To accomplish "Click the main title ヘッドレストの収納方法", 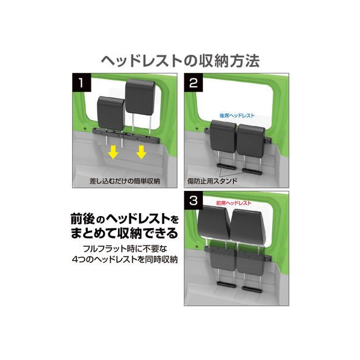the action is click(181, 61).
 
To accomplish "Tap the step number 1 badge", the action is click(81, 82).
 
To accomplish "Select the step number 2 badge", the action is click(193, 82).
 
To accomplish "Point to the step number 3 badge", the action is click(193, 200).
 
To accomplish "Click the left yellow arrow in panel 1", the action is click(113, 153).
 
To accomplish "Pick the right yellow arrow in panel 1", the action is click(141, 153).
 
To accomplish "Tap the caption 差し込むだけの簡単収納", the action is click(125, 181).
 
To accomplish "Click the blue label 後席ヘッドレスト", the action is click(237, 116).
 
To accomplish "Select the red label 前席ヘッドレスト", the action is click(234, 203).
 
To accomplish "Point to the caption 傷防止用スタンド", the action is click(213, 181).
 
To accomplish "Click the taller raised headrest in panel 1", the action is click(140, 97).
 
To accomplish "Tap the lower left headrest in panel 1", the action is click(111, 113).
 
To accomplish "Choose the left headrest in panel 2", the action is click(223, 136).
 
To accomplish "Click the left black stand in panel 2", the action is click(226, 166).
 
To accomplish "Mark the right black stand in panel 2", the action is click(252, 171).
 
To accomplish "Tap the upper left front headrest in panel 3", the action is click(214, 222).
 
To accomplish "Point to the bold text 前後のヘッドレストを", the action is click(125, 219).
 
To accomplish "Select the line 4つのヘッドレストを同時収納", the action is click(125, 259).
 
